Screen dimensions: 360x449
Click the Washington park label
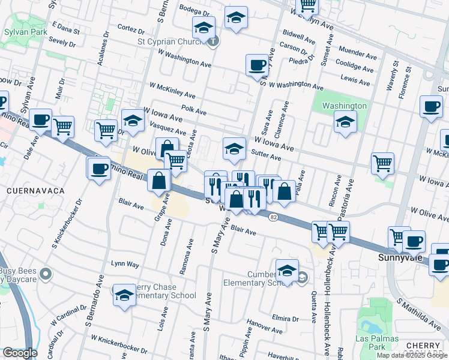(344, 106)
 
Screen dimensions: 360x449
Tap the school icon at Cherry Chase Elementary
(124, 295)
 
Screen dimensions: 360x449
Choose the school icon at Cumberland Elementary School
(287, 270)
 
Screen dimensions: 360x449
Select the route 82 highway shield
(274, 216)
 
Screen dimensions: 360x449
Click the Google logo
(20, 353)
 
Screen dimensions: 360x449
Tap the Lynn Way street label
(125, 264)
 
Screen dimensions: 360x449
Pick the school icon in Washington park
(345, 122)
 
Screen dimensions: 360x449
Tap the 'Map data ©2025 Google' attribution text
(412, 355)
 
